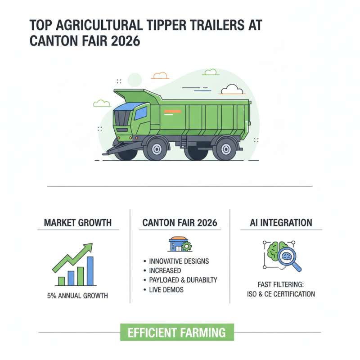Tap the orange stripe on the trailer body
point(173,111)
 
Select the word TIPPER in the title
point(150,25)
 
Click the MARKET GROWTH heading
point(78,222)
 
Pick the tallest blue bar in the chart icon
point(90,271)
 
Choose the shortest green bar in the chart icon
point(62,281)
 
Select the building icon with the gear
point(179,244)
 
